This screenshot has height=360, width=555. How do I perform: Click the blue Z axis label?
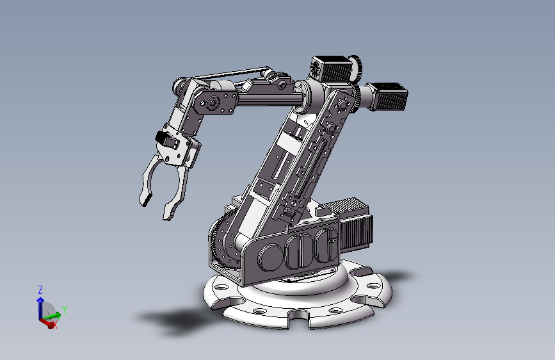tap(40, 290)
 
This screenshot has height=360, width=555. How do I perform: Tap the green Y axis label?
tap(65, 309)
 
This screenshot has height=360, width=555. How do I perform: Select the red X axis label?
tap(55, 325)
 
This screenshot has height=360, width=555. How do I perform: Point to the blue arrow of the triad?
tap(40, 308)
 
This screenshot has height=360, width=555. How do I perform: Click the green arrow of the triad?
tap(52, 315)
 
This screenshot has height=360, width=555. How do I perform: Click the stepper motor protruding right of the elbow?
tap(387, 95)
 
